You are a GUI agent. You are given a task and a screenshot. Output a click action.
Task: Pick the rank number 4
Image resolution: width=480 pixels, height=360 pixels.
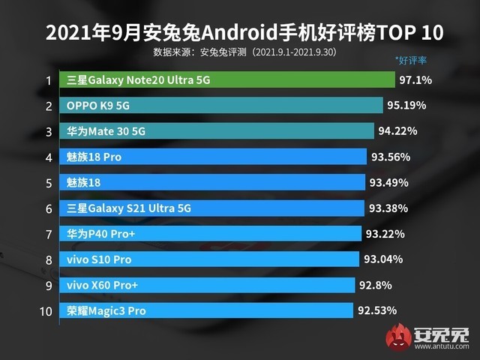(x=48, y=157)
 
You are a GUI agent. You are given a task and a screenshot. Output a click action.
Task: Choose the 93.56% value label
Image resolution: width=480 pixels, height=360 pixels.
(x=393, y=157)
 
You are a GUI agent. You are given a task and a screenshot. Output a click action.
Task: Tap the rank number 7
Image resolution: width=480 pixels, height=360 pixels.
(x=48, y=235)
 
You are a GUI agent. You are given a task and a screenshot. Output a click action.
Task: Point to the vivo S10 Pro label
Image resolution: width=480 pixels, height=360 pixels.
(x=100, y=259)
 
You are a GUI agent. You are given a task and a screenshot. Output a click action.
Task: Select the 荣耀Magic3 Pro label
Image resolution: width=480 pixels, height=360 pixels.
(x=106, y=310)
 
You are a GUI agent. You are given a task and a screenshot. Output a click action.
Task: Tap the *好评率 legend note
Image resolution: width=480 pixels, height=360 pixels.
(x=410, y=58)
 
